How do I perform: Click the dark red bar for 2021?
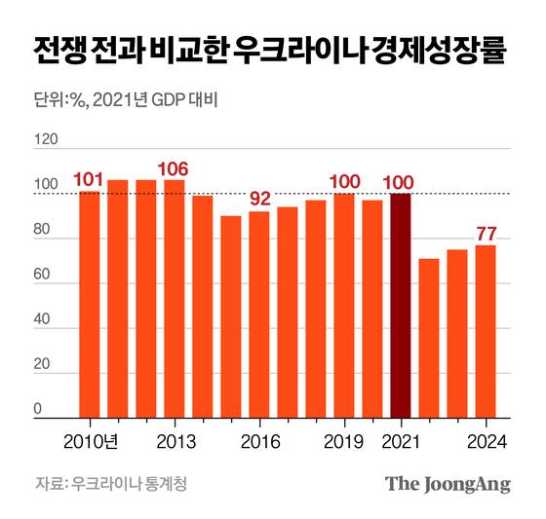(400, 307)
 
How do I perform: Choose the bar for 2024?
(486, 332)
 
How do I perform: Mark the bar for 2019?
(344, 307)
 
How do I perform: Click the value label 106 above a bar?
(175, 167)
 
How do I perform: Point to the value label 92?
(259, 199)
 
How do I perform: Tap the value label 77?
(486, 233)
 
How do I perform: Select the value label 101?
(90, 180)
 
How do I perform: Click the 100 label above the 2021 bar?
(400, 181)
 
